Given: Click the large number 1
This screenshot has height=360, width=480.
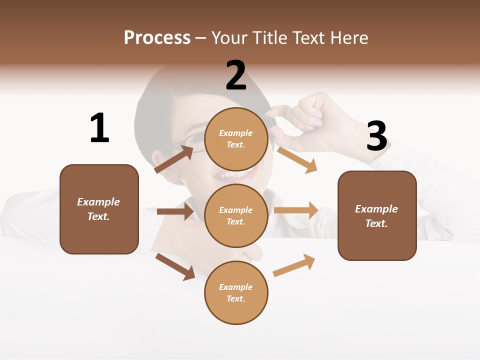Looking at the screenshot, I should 99,128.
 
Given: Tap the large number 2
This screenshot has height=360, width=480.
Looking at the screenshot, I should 236,75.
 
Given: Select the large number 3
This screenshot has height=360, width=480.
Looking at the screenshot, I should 377,136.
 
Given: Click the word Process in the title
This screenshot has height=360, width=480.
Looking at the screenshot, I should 157,37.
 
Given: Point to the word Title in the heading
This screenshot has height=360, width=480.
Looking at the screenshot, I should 268,37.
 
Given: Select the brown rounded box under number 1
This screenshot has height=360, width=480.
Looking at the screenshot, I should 99,209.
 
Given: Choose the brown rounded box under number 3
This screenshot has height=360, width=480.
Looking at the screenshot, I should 377,215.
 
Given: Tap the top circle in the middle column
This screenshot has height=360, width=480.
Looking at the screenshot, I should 236,139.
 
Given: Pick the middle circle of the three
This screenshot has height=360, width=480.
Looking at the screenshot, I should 236,215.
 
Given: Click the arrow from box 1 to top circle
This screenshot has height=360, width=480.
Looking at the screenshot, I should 174,159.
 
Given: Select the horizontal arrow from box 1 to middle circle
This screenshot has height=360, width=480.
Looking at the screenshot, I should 175,211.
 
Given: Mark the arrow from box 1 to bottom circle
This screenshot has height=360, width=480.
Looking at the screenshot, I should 175,266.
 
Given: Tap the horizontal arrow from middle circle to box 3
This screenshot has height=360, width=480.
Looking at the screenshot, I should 296,210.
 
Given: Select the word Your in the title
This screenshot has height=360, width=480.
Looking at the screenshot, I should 228,37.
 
